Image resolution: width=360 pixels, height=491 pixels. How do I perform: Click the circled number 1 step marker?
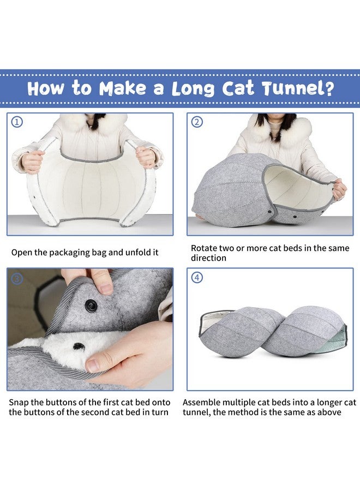click(17, 122)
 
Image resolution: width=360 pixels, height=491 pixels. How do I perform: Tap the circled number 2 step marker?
click(197, 122)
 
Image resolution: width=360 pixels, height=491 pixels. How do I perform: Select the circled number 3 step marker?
click(17, 278)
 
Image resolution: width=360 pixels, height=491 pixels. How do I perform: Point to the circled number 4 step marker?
click(197, 278)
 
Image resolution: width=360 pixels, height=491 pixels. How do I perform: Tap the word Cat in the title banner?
click(238, 88)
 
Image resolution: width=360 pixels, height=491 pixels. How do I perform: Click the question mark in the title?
click(328, 88)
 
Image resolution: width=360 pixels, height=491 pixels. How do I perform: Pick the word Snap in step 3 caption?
click(20, 403)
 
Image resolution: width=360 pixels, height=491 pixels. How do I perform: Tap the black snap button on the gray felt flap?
click(91, 306)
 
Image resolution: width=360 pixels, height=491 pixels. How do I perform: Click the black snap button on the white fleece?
click(79, 346)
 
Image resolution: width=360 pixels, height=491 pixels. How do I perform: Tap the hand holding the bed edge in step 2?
click(339, 189)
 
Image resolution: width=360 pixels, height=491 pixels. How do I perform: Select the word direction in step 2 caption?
click(208, 258)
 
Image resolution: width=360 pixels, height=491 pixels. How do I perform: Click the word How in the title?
click(45, 88)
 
